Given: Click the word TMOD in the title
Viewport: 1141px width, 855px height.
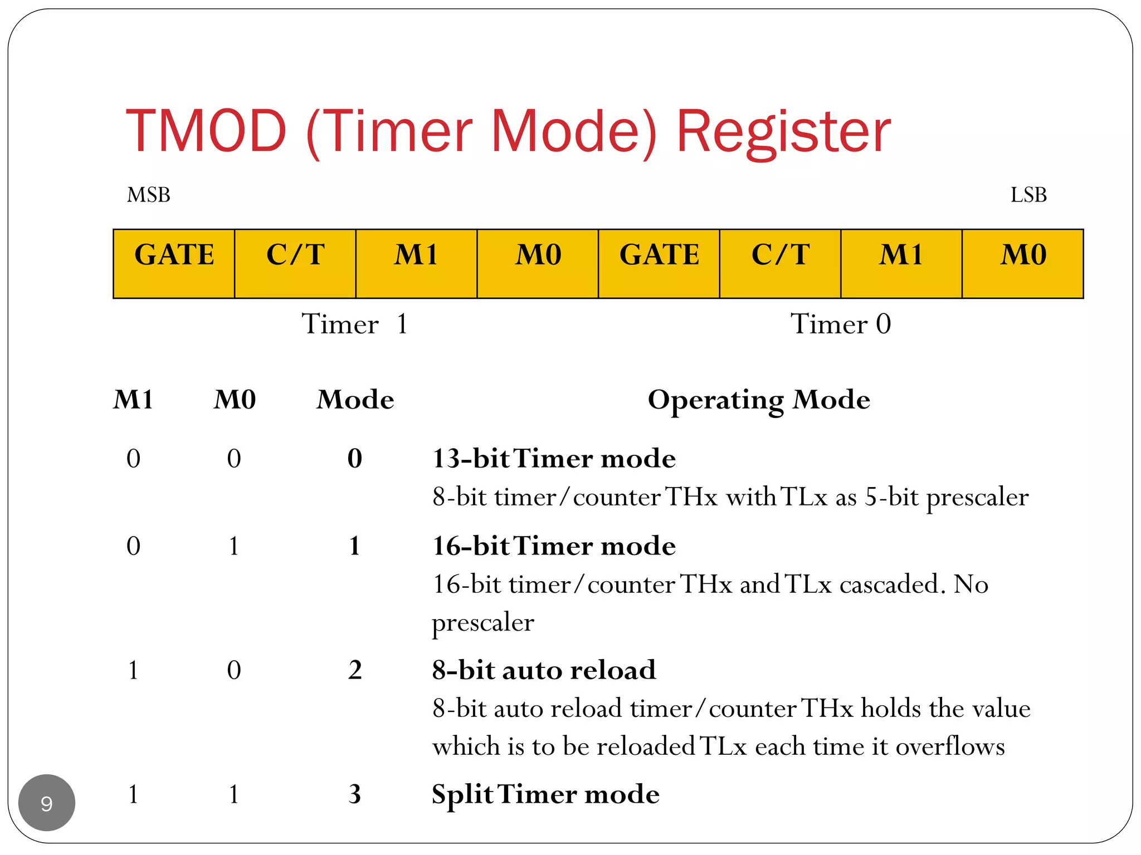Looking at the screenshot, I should [x=206, y=131].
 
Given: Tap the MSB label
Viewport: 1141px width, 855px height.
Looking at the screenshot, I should [x=148, y=195].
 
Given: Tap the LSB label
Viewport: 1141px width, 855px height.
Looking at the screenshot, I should [x=1028, y=195].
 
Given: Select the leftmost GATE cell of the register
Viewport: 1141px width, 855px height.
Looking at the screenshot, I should [x=174, y=263].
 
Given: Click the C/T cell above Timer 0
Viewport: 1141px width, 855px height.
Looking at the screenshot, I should [x=780, y=263].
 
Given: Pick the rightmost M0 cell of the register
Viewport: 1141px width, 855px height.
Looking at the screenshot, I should [x=1023, y=263].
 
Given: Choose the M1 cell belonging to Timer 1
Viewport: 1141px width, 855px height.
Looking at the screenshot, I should [x=416, y=263].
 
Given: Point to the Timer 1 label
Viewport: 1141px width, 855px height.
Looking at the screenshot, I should [x=355, y=324].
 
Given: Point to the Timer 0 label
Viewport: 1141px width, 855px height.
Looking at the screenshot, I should [x=840, y=324].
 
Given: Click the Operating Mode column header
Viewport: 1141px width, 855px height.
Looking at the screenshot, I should [x=758, y=400].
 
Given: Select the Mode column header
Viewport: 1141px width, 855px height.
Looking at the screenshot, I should [x=355, y=400].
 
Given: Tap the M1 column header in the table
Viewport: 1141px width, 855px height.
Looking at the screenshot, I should [x=133, y=400].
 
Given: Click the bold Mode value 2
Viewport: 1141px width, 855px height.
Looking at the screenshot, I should [x=355, y=670].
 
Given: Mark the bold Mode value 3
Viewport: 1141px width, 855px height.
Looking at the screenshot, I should [x=355, y=794].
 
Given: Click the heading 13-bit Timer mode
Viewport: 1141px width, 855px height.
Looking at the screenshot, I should [x=554, y=459].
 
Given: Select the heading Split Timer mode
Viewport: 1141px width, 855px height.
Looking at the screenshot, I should [x=545, y=794].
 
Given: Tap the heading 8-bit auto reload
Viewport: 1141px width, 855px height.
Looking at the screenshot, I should [x=544, y=670].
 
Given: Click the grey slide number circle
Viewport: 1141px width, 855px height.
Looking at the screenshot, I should [x=47, y=803].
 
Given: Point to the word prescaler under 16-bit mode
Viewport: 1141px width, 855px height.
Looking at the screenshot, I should [x=483, y=622].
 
